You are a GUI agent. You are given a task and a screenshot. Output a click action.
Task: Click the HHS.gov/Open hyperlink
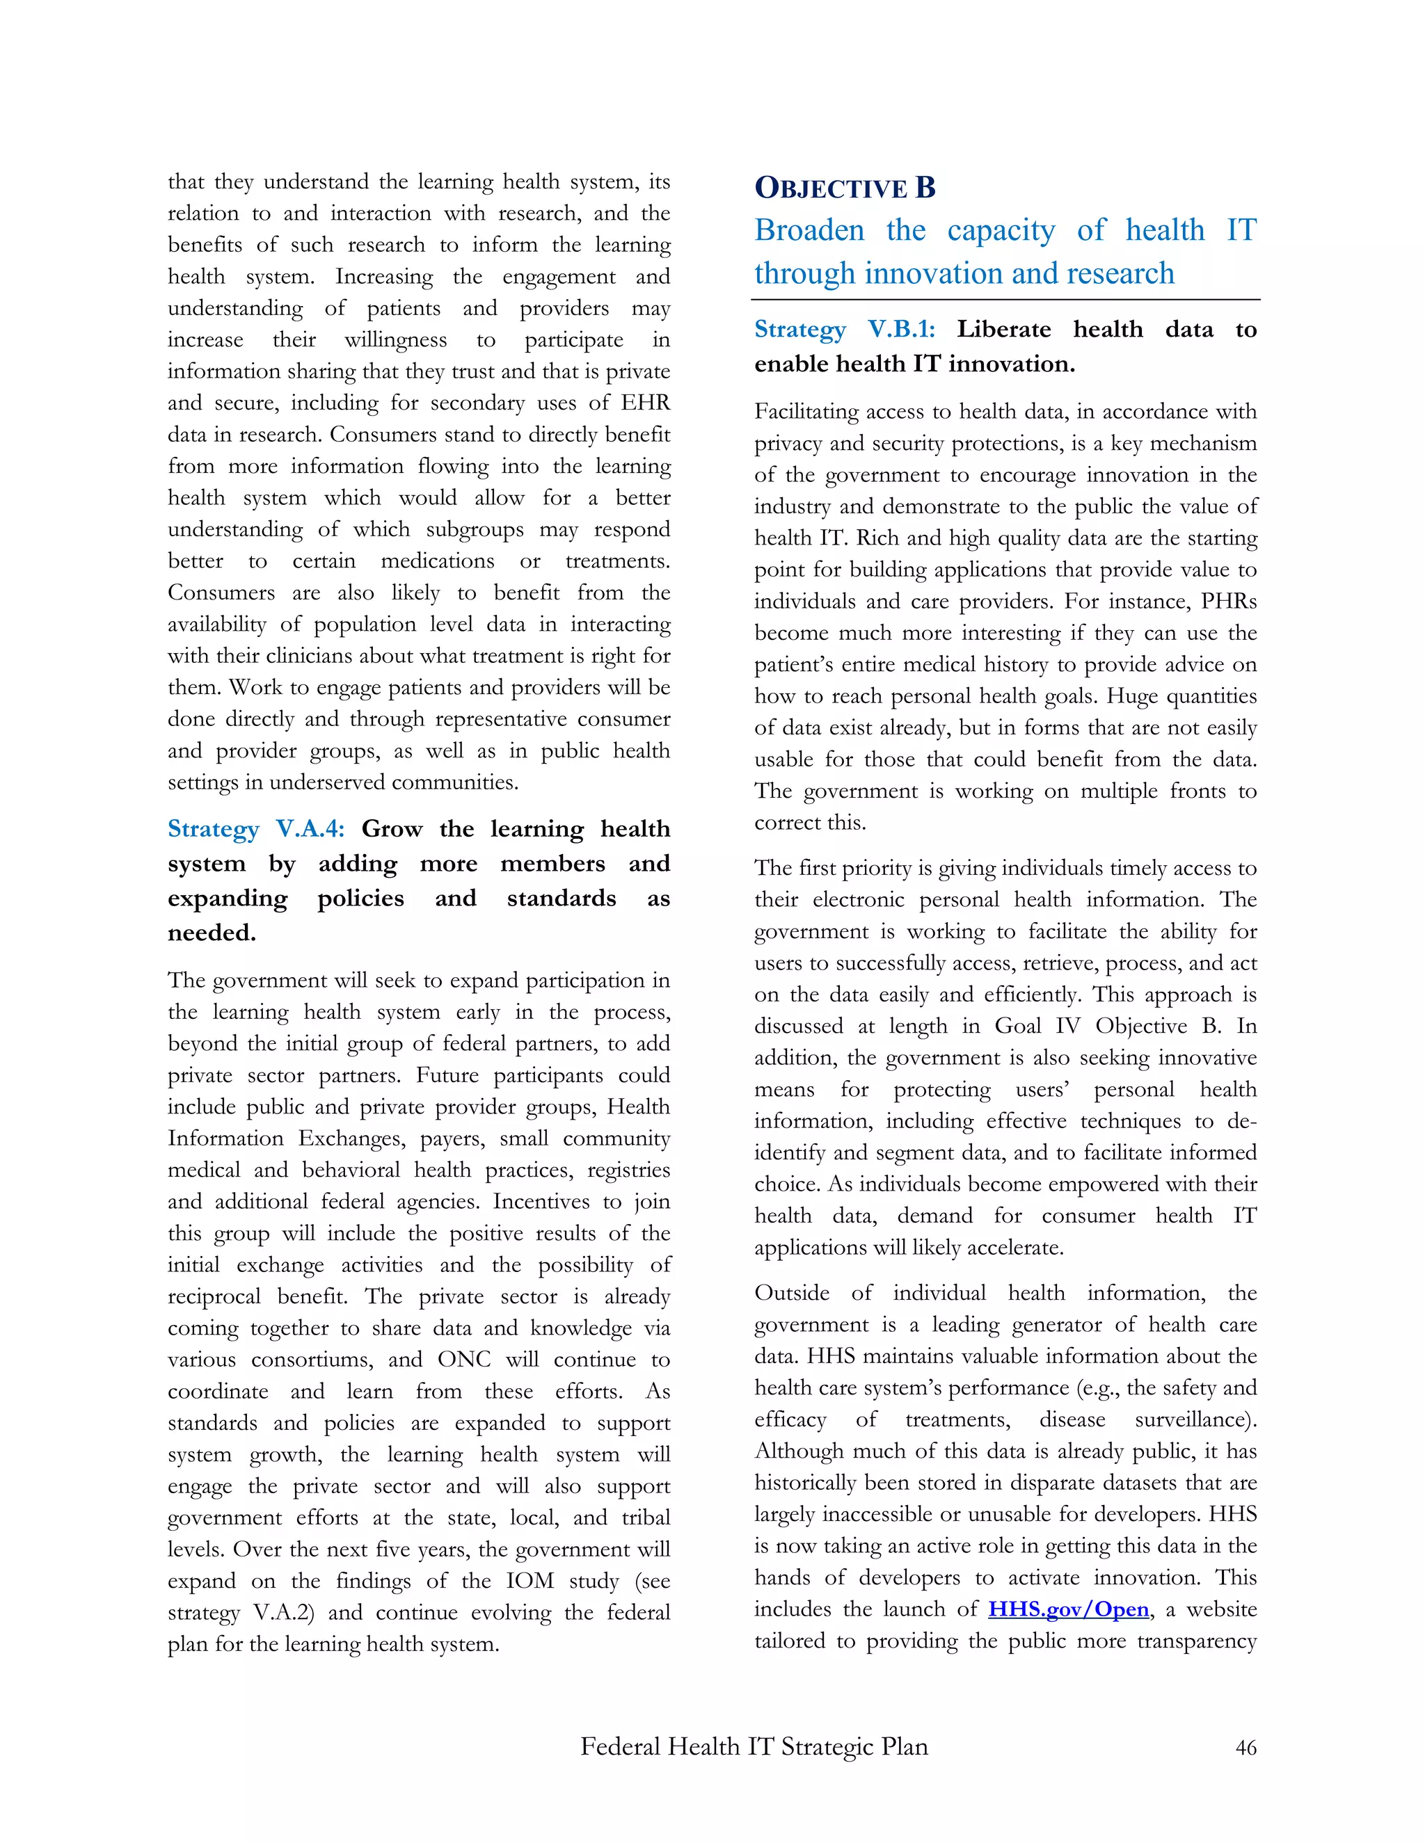(1068, 1609)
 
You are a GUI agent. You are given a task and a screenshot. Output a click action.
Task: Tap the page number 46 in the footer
(1245, 1748)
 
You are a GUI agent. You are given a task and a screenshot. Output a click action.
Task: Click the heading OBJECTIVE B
(844, 187)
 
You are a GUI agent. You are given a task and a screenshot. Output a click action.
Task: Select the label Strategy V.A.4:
(256, 829)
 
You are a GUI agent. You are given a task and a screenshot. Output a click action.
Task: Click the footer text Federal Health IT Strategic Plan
(753, 1746)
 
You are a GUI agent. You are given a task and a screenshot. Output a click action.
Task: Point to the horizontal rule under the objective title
(1005, 300)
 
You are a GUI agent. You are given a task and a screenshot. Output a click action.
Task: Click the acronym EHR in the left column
(645, 403)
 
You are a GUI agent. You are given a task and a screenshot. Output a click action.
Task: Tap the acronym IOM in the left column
(530, 1581)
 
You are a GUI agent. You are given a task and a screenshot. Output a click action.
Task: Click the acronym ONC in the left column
(463, 1360)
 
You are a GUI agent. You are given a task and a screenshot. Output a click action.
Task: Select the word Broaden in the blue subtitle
(809, 230)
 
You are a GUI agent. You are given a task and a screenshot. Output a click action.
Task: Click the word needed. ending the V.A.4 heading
(211, 933)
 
